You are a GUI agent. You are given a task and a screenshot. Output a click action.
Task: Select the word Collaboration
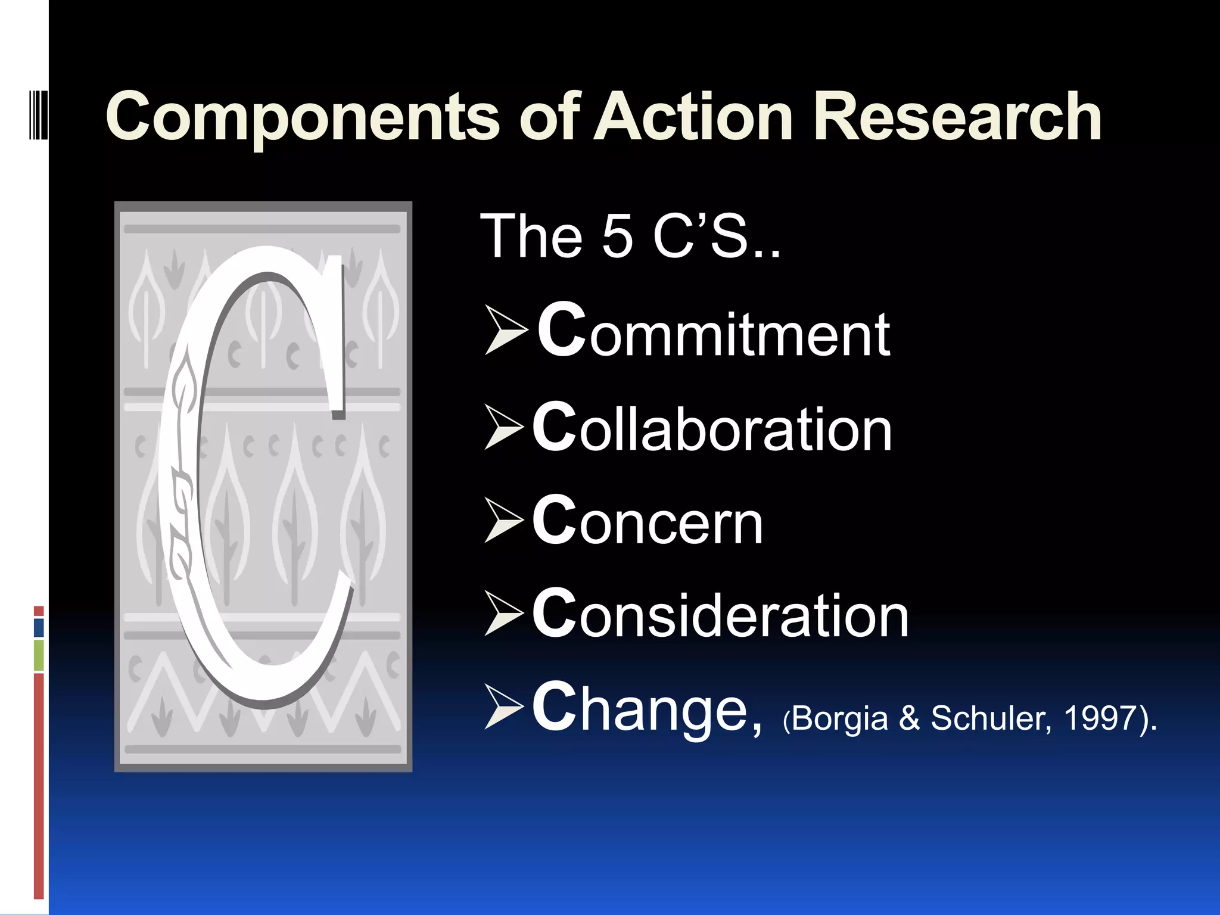click(712, 427)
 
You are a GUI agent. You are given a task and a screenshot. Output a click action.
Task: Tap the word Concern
click(648, 521)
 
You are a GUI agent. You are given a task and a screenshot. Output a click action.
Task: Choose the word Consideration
click(720, 614)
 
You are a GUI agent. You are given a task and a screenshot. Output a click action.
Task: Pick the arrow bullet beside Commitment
click(506, 331)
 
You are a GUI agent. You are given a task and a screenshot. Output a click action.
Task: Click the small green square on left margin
click(39, 655)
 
